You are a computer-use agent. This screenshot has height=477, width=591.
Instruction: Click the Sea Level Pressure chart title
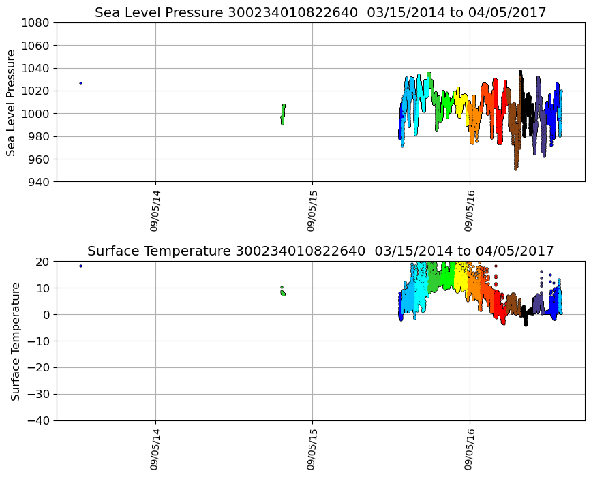320,12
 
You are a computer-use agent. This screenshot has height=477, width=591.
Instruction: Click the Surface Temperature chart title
320,251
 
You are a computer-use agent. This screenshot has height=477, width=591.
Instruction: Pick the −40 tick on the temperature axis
40,420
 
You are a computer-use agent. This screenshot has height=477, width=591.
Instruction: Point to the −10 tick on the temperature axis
40,341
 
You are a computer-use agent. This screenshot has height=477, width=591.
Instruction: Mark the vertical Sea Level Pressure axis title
12,102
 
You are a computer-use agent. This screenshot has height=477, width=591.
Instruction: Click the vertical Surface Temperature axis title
14,341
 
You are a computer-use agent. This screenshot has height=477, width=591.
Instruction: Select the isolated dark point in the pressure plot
80,83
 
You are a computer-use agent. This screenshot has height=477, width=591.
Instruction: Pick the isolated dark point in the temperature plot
80,266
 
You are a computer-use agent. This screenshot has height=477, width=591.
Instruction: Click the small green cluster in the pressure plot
283,114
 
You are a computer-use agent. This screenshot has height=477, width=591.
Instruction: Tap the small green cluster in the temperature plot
283,292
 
